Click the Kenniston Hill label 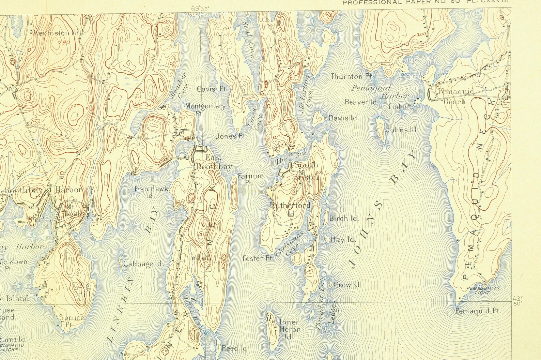pyautogui.click(x=56, y=33)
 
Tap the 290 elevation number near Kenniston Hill pyautogui.click(x=62, y=43)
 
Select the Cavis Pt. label pyautogui.click(x=212, y=89)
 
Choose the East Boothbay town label pyautogui.click(x=214, y=162)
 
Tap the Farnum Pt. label pyautogui.click(x=251, y=179)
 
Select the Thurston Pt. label pyautogui.click(x=352, y=76)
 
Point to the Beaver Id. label pyautogui.click(x=361, y=102)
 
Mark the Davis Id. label pyautogui.click(x=343, y=118)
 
